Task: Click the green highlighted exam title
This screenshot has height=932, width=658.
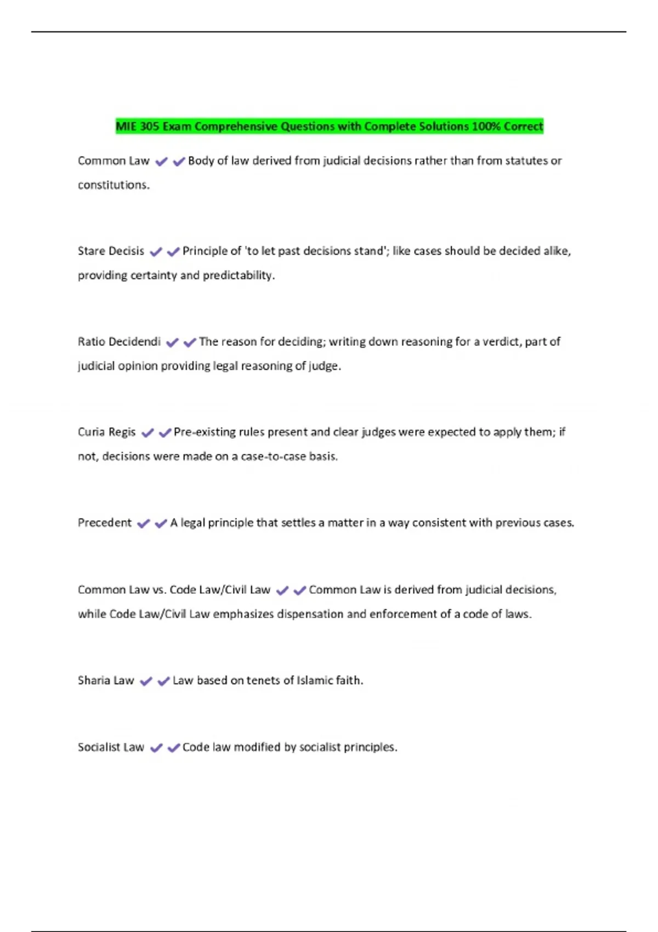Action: (329, 127)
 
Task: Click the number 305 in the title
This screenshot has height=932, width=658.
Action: (149, 127)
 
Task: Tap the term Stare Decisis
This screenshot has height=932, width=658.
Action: (111, 251)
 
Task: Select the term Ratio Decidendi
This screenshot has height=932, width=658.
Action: (119, 342)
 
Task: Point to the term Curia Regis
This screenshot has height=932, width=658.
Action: (106, 432)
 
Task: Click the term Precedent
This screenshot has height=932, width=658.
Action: (105, 523)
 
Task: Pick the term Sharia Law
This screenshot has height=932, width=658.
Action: (106, 680)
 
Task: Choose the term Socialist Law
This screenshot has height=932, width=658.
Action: (111, 747)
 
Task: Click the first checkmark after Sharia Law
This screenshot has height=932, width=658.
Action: (146, 681)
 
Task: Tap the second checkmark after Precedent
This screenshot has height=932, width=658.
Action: (161, 524)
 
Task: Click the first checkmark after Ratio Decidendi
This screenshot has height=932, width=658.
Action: (172, 343)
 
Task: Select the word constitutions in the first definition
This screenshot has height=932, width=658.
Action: (114, 185)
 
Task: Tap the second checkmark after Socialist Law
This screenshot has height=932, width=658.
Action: (174, 748)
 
